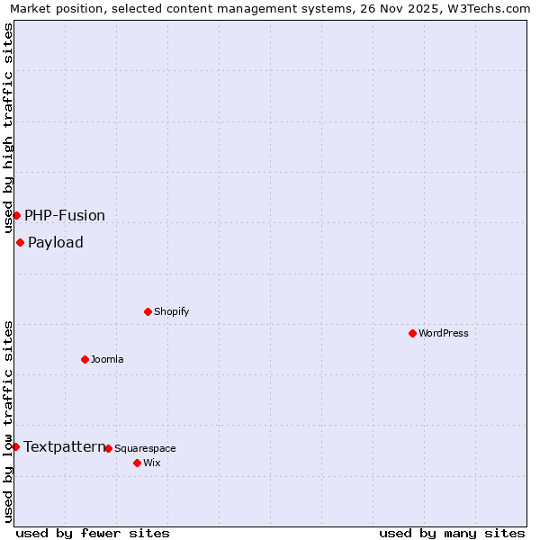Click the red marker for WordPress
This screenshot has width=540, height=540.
[412, 333]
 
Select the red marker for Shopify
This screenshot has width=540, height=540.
[148, 311]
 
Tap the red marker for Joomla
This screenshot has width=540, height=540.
[85, 359]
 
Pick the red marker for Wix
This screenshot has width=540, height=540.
[137, 463]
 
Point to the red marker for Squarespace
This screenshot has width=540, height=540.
[108, 448]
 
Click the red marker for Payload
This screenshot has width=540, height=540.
[20, 242]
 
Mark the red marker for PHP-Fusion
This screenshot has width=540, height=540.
[16, 215]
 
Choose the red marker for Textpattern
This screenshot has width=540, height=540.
[15, 446]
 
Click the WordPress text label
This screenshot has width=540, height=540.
[444, 333]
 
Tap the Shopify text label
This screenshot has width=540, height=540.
[171, 311]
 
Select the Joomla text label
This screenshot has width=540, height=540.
[107, 359]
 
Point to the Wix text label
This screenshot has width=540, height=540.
[151, 463]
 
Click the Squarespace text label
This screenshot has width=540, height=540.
[145, 448]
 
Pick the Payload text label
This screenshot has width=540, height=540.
[56, 242]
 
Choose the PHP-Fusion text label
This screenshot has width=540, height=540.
[65, 215]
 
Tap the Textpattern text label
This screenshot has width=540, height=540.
[64, 446]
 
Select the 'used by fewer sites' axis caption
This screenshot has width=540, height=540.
[93, 533]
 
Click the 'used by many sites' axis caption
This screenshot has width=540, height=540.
[452, 533]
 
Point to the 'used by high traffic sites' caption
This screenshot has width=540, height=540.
[9, 129]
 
